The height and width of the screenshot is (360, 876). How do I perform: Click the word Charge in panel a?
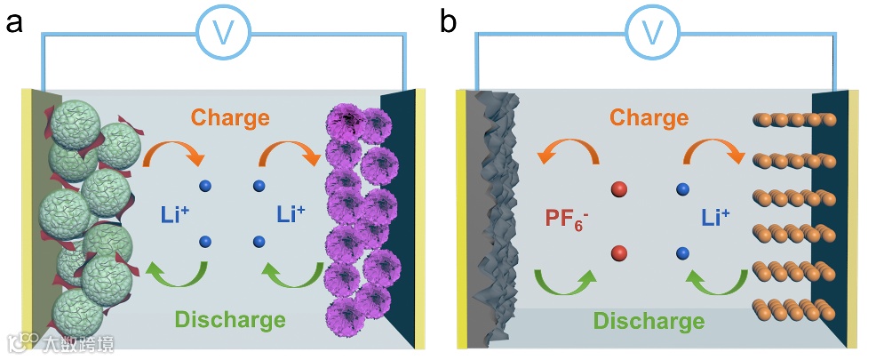point(230,116)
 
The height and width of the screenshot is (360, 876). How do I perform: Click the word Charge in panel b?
point(649,117)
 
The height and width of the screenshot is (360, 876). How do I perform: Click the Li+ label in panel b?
point(714,214)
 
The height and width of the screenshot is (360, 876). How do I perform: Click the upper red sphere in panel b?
point(619,189)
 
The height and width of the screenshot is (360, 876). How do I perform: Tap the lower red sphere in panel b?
point(619,254)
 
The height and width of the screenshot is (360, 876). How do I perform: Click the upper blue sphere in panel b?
point(682,189)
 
